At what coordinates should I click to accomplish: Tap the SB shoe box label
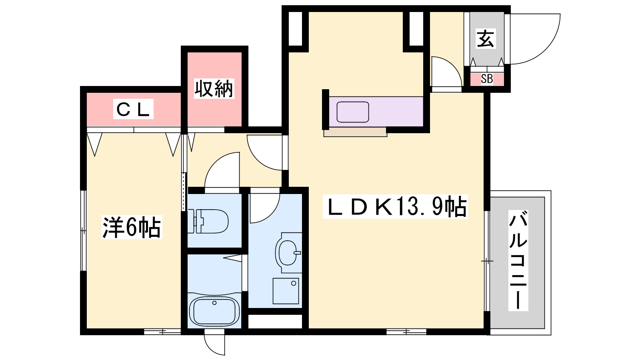pos(487,79)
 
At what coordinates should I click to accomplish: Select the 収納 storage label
pos(214,88)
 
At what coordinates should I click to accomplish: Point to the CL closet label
pos(134,109)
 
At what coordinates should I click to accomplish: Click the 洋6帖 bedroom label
pos(132,228)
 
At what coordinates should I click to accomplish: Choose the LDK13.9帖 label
pos(395,206)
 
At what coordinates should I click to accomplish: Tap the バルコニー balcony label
pos(518,260)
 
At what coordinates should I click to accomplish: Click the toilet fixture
pos(208,221)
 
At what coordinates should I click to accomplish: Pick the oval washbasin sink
pos(288,252)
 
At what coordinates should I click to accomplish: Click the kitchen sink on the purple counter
pos(353,112)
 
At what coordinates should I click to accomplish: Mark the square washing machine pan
pos(286,291)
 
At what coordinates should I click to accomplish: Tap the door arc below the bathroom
pos(210,348)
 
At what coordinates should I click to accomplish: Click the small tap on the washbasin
pos(297,252)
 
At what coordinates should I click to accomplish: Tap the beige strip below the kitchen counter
pos(356,132)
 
